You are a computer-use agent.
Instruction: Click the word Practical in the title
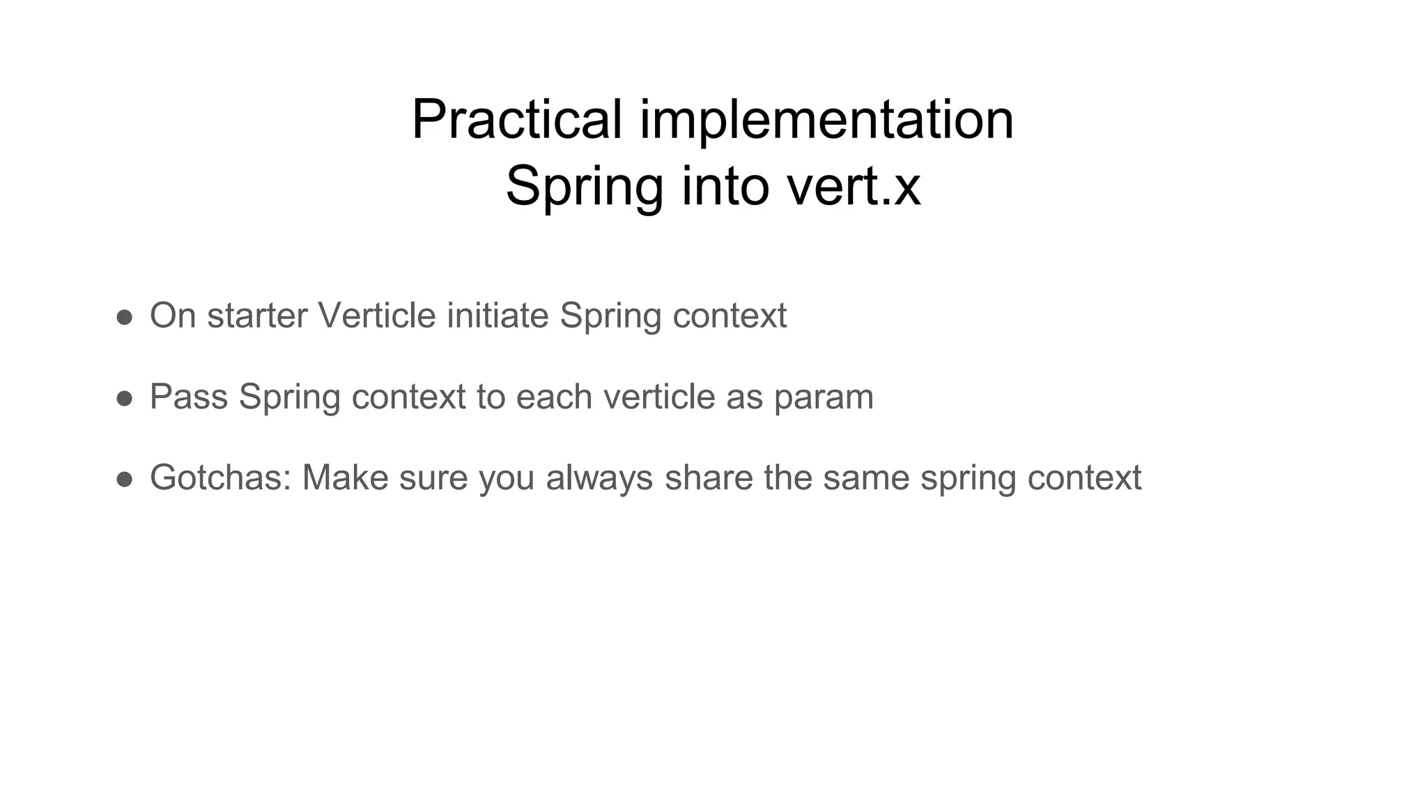(516, 120)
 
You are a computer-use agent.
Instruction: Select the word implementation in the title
(826, 120)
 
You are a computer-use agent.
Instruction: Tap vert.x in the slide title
(854, 186)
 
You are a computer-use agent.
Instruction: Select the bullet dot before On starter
(125, 317)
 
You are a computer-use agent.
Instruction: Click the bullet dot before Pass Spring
(125, 398)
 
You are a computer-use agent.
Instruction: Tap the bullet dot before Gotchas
(125, 479)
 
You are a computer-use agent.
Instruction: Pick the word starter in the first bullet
(257, 316)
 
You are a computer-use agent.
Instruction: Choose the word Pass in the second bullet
(189, 397)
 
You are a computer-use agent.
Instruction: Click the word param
(824, 397)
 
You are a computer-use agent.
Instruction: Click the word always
(599, 478)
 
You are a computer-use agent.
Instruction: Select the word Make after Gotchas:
(345, 478)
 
